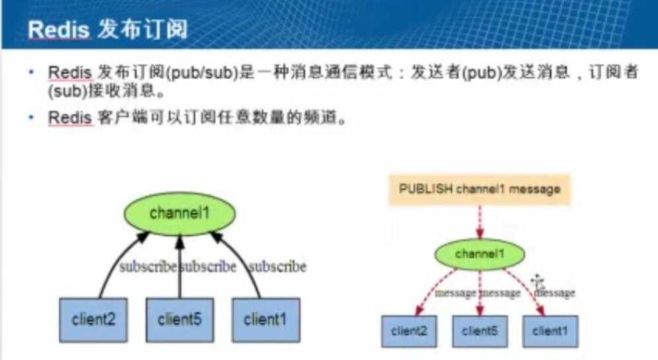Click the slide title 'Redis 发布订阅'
pos(108,29)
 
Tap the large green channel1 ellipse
pos(180,213)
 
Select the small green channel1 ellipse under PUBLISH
pos(480,254)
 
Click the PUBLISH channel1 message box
pos(480,189)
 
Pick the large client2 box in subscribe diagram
pos(93,320)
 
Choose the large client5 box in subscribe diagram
pos(180,320)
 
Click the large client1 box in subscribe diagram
pos(266,320)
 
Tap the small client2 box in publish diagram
pos(409,332)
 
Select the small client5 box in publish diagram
pos(480,332)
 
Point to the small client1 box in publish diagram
pos(550,332)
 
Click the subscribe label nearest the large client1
pos(277,266)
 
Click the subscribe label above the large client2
pos(148,266)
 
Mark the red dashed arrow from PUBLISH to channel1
pos(480,222)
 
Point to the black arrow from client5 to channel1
pos(180,267)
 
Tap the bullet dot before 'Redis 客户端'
pos(30,117)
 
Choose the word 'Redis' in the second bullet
pos(70,118)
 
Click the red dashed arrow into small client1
pos(527,289)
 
